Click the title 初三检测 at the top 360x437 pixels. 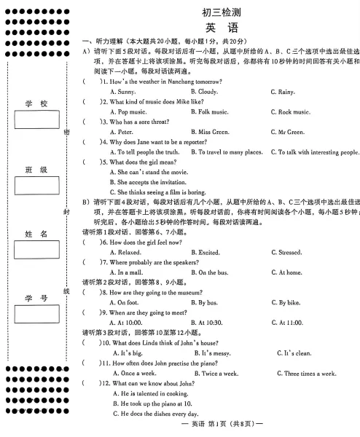coord(222,12)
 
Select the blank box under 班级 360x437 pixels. coord(36,186)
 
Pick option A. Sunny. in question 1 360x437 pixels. coord(122,92)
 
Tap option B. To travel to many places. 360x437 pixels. coord(226,152)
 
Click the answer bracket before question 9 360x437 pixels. coord(91,312)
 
